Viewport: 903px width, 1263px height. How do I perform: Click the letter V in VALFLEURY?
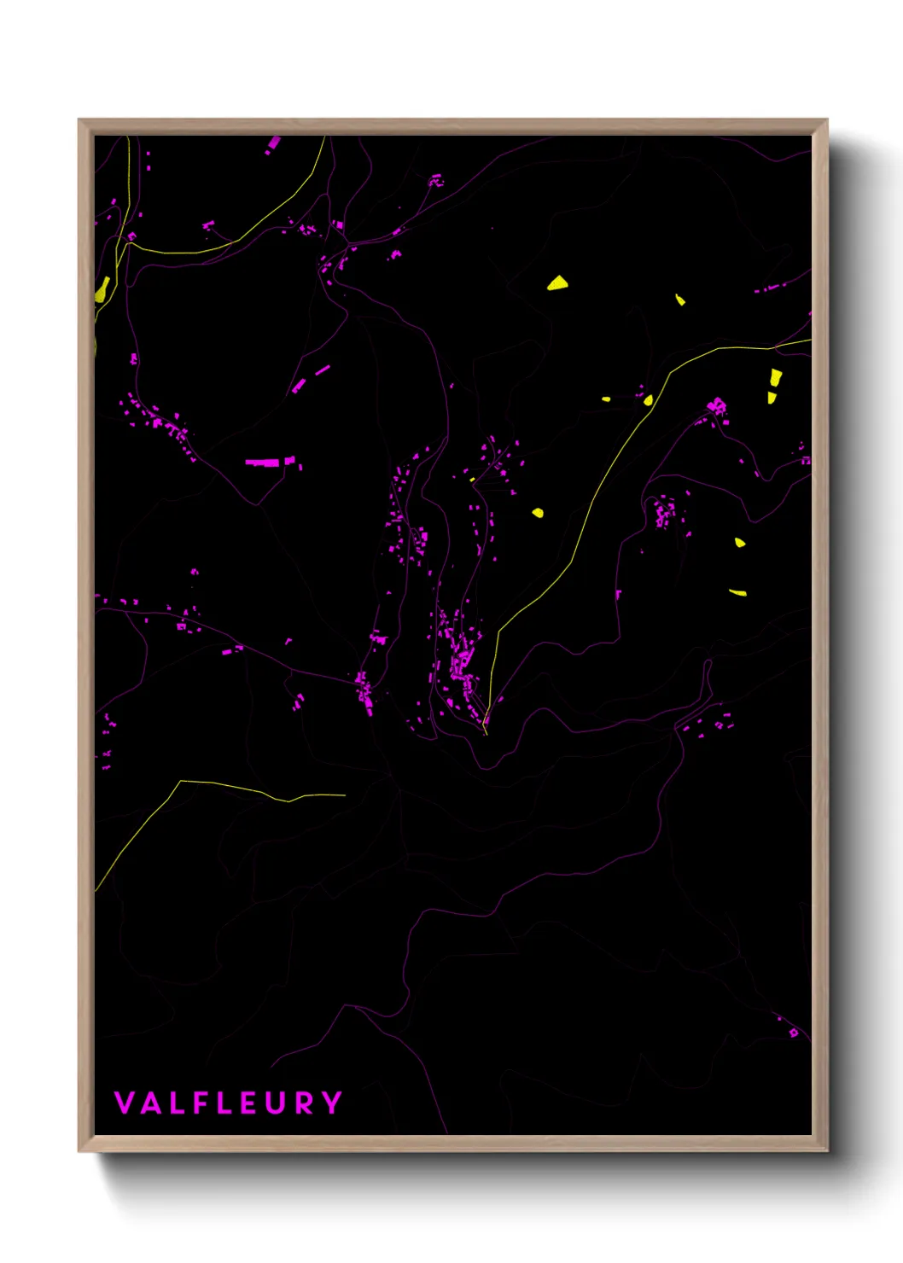point(124,1103)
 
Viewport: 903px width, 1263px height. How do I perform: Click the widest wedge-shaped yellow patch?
point(557,283)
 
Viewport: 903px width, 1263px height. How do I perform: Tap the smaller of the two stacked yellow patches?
point(772,397)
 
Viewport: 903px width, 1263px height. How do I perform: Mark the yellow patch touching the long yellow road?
point(649,400)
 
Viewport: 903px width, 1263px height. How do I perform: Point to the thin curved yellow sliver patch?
point(737,592)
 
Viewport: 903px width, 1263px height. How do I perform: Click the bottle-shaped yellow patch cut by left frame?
point(102,289)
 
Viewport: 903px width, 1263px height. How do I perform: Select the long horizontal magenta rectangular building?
point(263,463)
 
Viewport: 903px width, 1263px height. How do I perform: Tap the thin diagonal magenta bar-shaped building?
point(322,370)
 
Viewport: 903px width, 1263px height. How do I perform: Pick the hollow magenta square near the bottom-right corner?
point(794,1033)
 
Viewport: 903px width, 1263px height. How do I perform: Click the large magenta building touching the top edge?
point(274,143)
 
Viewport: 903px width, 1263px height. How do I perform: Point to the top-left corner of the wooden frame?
point(79,120)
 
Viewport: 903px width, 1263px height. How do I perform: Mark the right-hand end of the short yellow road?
point(345,795)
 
